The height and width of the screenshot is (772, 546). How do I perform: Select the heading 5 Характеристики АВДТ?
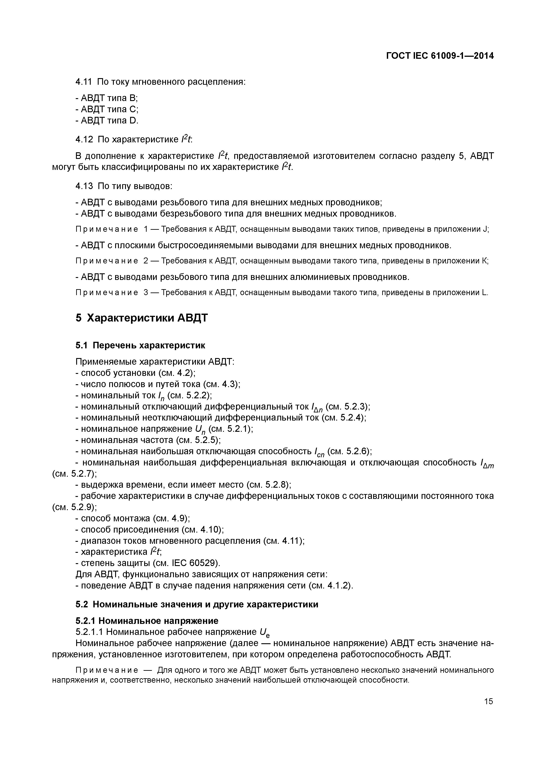[141, 318]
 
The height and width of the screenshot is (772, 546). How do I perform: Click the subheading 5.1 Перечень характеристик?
[140, 345]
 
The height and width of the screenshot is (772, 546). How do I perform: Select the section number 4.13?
[84, 186]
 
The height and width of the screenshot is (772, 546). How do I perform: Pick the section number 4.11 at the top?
[83, 82]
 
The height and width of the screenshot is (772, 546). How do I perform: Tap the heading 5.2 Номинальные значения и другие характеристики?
[197, 604]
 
